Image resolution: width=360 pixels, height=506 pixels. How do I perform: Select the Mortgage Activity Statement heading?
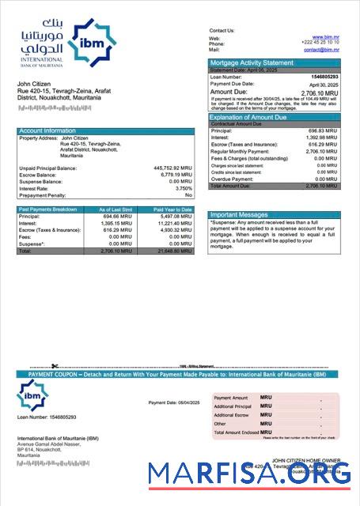[x=251, y=62]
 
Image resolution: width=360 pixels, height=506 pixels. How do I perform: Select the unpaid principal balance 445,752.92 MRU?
[x=172, y=168]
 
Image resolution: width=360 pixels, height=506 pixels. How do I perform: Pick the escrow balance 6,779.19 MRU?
[x=175, y=175]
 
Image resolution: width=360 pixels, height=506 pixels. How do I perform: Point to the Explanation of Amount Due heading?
[x=258, y=117]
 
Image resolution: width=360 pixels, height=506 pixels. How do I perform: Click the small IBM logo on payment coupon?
[x=33, y=394]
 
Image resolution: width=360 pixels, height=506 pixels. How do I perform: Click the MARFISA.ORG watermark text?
[x=249, y=474]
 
